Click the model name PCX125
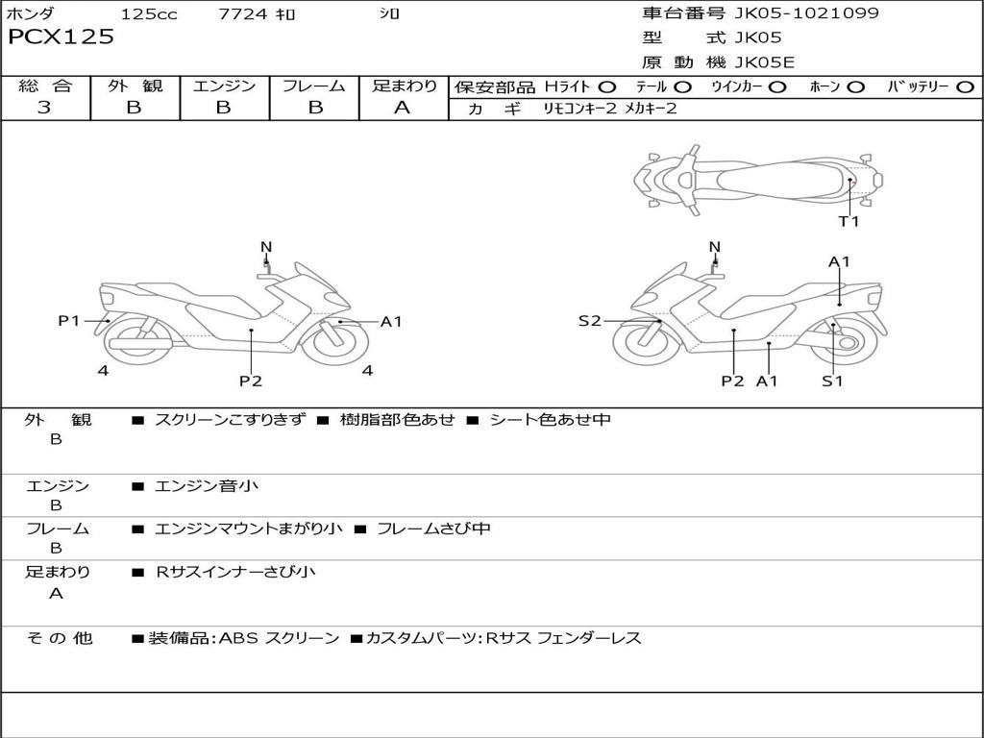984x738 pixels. pos(61,37)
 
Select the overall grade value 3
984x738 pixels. pos(44,108)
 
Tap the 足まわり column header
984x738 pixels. pos(404,86)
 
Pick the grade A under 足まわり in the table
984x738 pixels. pos(403,108)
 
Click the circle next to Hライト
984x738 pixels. pos(607,86)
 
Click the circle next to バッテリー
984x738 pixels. pos(966,86)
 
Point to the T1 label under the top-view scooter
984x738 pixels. pos(849,221)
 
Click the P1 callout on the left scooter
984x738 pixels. pos(68,321)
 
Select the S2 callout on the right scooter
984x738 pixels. pos(589,321)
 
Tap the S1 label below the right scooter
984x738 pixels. pos(832,381)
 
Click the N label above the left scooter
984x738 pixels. pos(266,247)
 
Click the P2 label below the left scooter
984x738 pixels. pos(251,381)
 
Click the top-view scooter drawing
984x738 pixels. pos(757,179)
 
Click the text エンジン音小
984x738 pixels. pos(207,486)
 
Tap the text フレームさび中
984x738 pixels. pos(433,529)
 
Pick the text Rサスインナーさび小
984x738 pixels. pos(235,572)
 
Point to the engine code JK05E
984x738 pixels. pos(765,62)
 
